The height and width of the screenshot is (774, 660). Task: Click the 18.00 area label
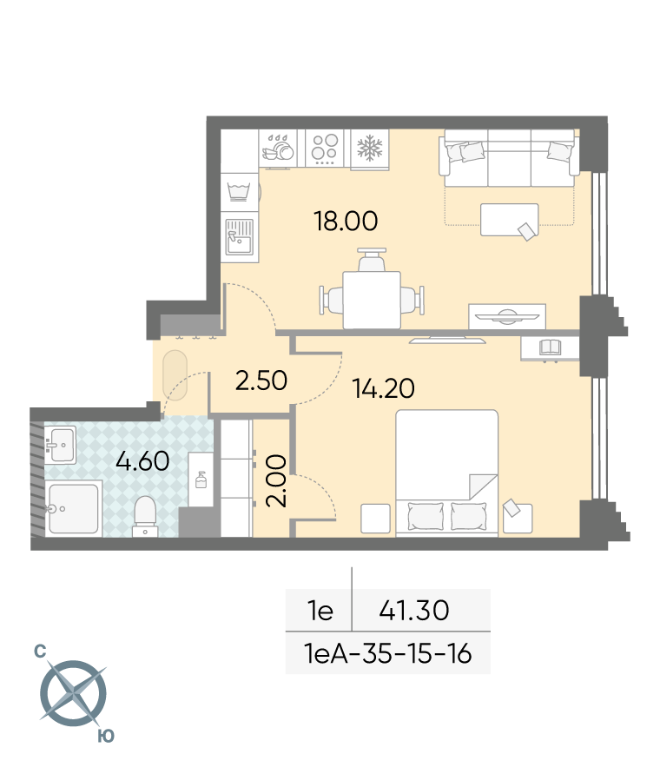coord(346,221)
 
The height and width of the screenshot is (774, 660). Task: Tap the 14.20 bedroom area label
coord(384,388)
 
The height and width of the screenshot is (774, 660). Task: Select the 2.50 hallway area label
coord(261,380)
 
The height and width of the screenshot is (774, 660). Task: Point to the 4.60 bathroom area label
coord(142,461)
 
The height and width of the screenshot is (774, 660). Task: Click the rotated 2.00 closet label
coord(276,480)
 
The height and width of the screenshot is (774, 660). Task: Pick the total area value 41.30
coord(414,611)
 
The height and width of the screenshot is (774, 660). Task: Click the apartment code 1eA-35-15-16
coord(388,654)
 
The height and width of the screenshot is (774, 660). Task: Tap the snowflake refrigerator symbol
coord(370,149)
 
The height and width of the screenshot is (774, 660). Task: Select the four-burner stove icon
coord(325,149)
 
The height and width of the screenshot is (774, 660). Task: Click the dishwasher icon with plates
coord(279,148)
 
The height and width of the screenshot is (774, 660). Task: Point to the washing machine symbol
coord(239,191)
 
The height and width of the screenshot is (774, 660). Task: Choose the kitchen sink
coord(240,237)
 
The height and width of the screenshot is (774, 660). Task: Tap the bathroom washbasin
coord(60,445)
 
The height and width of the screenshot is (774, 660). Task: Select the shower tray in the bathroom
coord(74,508)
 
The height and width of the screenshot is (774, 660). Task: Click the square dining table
coord(372,300)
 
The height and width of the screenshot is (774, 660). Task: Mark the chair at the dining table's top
coord(371,260)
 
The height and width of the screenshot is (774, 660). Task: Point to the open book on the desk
coord(550,347)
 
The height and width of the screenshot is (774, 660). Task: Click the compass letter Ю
coord(106,736)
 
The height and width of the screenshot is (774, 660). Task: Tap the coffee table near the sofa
coord(510,220)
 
